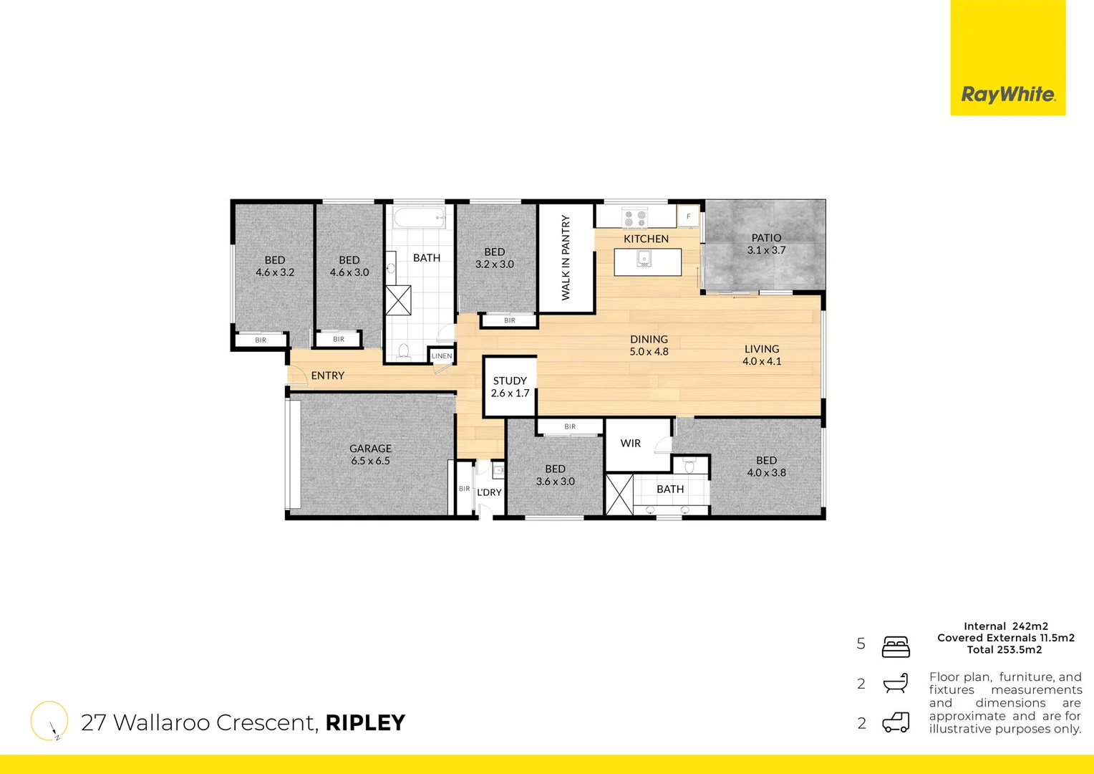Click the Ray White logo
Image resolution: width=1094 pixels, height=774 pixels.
1007,94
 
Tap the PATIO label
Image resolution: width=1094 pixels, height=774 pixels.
766,237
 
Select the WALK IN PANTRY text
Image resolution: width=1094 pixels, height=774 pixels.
566,258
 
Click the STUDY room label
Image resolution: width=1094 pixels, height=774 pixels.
510,381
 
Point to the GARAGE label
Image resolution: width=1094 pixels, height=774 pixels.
370,448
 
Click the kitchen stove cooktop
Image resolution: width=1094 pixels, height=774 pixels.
634,218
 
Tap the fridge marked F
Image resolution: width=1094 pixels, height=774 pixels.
688,216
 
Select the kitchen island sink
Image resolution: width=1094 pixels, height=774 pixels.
644,259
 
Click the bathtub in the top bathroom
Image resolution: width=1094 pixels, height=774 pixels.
420,217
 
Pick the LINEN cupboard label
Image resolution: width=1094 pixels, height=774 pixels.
442,356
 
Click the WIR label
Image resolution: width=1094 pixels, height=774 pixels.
630,443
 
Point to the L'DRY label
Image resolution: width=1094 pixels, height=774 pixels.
489,492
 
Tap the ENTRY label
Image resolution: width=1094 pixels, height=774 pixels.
327,376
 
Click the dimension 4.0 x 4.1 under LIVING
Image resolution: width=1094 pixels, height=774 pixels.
762,361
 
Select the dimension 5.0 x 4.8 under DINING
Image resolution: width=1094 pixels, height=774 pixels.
649,352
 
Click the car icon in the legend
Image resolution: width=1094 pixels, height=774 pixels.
896,722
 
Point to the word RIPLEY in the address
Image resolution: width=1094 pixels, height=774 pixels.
365,722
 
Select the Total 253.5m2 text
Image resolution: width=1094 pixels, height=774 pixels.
1005,650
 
